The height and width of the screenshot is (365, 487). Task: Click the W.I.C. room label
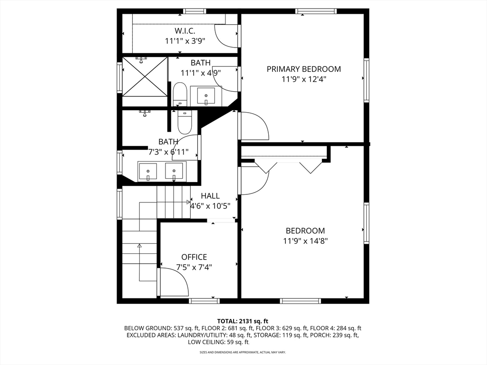pos(185,31)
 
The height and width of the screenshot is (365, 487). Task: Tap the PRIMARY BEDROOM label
pos(304,69)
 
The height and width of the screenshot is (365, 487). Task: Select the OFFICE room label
pos(194,257)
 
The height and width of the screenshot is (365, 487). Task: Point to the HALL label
pos(210,196)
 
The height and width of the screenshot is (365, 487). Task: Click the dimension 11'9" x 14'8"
pos(305,241)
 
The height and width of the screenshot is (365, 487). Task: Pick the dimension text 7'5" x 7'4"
pos(194,267)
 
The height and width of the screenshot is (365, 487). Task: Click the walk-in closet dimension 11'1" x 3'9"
pos(185,41)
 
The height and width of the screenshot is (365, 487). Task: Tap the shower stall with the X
pos(145,77)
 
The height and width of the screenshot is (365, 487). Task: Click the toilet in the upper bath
pos(179,94)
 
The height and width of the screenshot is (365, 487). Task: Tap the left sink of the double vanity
pos(148,172)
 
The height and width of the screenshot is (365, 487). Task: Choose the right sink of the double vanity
pos(174,172)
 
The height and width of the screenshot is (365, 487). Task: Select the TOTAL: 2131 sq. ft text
pos(243,321)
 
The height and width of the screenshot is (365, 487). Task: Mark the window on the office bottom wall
pos(204,301)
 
